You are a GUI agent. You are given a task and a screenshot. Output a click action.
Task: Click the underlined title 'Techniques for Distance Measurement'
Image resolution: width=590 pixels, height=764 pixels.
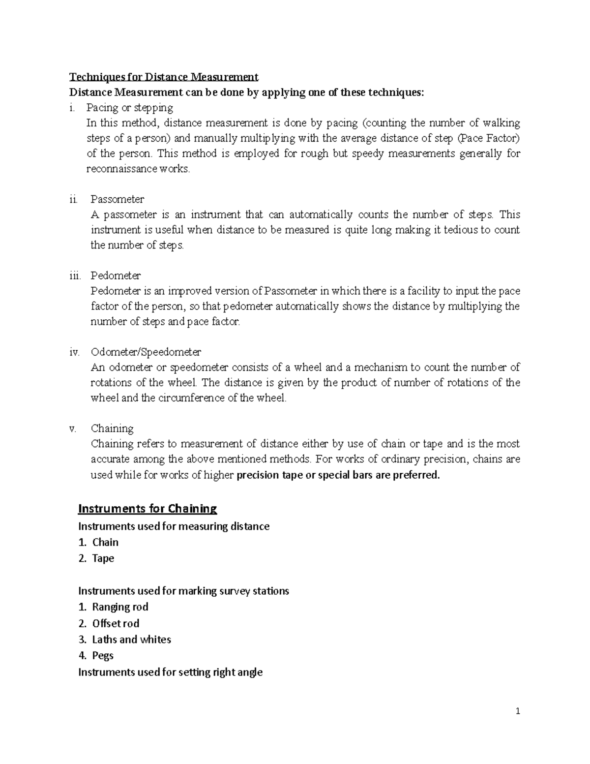(x=164, y=77)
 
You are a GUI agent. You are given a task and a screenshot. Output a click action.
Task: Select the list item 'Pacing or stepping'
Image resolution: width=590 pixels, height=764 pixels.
(x=130, y=107)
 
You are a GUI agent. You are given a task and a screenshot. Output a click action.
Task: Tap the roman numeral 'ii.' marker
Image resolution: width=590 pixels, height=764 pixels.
(x=74, y=199)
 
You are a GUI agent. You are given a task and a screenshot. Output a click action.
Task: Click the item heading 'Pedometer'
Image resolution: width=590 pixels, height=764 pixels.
(x=116, y=275)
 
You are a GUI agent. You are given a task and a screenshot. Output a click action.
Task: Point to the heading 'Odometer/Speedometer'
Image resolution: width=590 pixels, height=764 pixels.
(x=146, y=352)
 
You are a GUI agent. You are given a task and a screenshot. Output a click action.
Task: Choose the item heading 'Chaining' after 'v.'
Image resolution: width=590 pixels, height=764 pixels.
(x=112, y=428)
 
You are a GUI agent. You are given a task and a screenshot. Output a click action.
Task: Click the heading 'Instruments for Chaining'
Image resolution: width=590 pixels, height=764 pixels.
(x=147, y=508)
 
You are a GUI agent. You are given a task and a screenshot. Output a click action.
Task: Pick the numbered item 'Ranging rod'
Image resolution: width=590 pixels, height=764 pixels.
(x=120, y=607)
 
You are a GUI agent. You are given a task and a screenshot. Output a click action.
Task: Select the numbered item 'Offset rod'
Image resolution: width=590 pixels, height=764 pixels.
(x=116, y=623)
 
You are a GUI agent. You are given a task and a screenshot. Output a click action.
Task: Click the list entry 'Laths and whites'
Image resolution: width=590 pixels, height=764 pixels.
(x=131, y=640)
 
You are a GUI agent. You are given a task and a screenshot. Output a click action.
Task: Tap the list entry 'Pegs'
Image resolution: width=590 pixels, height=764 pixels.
(x=103, y=655)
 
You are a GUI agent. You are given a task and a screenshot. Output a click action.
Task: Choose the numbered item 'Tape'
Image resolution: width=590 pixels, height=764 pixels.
(x=103, y=558)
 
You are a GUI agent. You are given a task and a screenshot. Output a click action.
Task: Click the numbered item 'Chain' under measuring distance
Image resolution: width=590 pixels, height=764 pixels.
(x=105, y=542)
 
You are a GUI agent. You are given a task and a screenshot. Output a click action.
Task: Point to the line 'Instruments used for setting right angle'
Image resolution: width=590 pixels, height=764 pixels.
(x=170, y=672)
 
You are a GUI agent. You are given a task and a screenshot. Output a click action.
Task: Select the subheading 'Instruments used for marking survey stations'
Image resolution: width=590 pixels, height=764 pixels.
(x=183, y=591)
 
